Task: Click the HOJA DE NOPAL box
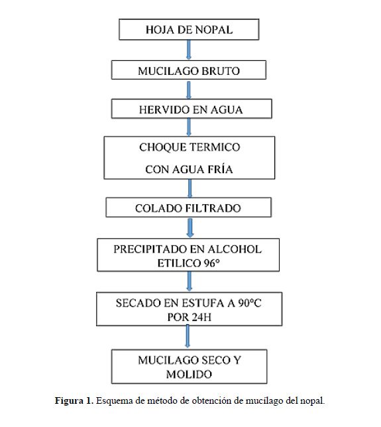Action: pyautogui.click(x=189, y=29)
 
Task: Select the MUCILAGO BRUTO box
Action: pyautogui.click(x=189, y=70)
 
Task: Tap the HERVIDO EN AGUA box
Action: pyautogui.click(x=191, y=109)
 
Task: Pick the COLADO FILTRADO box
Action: pyautogui.click(x=189, y=208)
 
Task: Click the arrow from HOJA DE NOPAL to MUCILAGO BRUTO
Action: pyautogui.click(x=189, y=50)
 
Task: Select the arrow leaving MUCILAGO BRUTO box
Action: pyautogui.click(x=189, y=90)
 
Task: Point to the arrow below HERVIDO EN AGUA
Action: pyautogui.click(x=189, y=127)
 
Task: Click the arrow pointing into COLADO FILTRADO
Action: pyautogui.click(x=190, y=188)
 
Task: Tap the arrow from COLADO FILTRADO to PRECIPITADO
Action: pyautogui.click(x=190, y=228)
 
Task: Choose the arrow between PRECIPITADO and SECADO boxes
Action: pyautogui.click(x=190, y=282)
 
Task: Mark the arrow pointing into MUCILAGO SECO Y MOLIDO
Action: pyautogui.click(x=188, y=337)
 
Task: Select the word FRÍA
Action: pyautogui.click(x=220, y=169)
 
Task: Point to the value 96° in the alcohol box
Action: pyautogui.click(x=211, y=263)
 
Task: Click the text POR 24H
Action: pyautogui.click(x=190, y=317)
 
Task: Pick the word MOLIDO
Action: pyautogui.click(x=189, y=374)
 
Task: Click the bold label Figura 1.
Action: pyautogui.click(x=74, y=400)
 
